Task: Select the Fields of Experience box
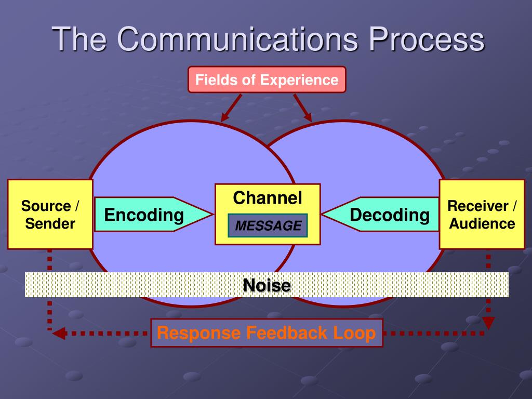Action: click(x=267, y=80)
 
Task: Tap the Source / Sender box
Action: click(x=50, y=215)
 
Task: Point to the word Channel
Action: click(x=268, y=197)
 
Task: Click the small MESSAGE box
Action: click(x=268, y=225)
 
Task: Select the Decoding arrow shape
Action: click(x=384, y=215)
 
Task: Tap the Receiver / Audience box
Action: click(x=482, y=215)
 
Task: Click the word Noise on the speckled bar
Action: click(x=267, y=285)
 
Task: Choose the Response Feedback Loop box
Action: click(x=267, y=333)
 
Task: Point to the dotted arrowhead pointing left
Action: click(x=59, y=333)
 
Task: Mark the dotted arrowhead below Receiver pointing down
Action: click(x=488, y=323)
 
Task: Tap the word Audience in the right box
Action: click(x=482, y=224)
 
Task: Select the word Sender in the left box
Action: click(x=50, y=224)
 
